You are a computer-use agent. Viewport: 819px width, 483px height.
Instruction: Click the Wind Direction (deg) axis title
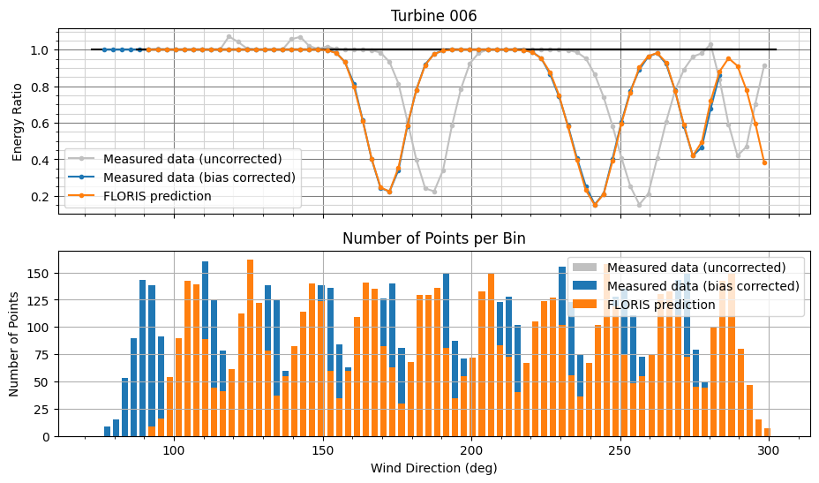(434, 468)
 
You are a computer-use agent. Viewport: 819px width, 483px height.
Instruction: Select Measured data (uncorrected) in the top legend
(192, 160)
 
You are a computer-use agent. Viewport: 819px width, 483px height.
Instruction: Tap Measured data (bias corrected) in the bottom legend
(703, 286)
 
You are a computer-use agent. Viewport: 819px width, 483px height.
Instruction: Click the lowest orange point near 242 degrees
(595, 205)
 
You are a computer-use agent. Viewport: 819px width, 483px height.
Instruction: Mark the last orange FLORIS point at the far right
(764, 162)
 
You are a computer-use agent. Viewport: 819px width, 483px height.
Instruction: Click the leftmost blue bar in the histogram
(107, 432)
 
